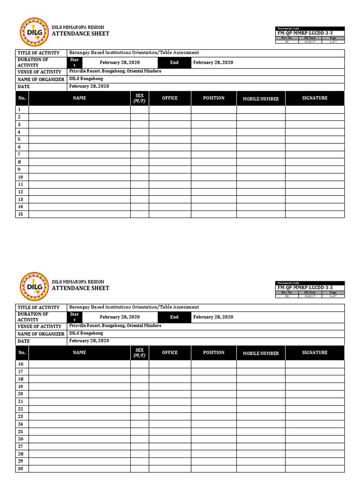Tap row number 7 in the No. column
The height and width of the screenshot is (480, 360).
pos(19,154)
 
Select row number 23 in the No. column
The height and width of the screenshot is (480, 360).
pos(21,416)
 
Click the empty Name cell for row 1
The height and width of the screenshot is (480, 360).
pos(79,109)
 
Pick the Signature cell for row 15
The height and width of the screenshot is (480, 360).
pos(315,214)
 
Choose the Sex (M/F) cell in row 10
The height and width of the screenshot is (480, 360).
pos(139,177)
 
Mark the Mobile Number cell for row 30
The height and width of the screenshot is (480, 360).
pos(261,469)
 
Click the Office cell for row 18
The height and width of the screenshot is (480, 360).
pos(170,379)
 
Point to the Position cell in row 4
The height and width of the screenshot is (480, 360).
pos(213,132)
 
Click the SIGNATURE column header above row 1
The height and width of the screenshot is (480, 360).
pos(315,98)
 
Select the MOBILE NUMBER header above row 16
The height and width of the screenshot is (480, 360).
pos(261,353)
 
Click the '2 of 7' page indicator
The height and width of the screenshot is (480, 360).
pos(333,296)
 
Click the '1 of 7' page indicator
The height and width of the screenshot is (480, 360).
pos(333,42)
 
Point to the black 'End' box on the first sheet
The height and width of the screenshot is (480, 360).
pos(174,63)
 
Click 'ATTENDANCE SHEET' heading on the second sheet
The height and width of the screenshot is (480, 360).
pos(80,288)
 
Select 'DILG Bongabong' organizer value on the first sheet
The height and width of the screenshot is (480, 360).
pos(86,79)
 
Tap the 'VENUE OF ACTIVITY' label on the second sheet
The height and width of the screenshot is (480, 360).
pos(39,326)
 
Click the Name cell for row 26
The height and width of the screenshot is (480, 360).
pos(79,439)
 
